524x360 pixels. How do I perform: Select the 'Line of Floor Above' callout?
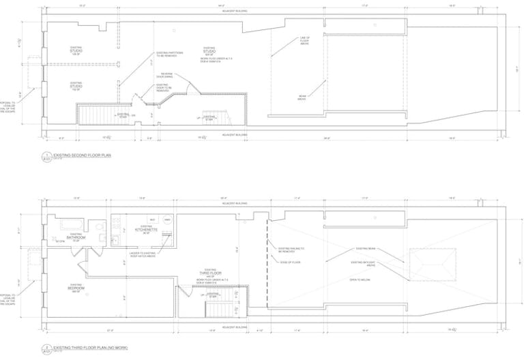point(304,41)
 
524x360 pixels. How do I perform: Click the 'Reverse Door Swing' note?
point(167,75)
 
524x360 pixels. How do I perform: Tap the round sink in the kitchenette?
point(167,220)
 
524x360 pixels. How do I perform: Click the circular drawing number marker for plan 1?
point(47,155)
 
